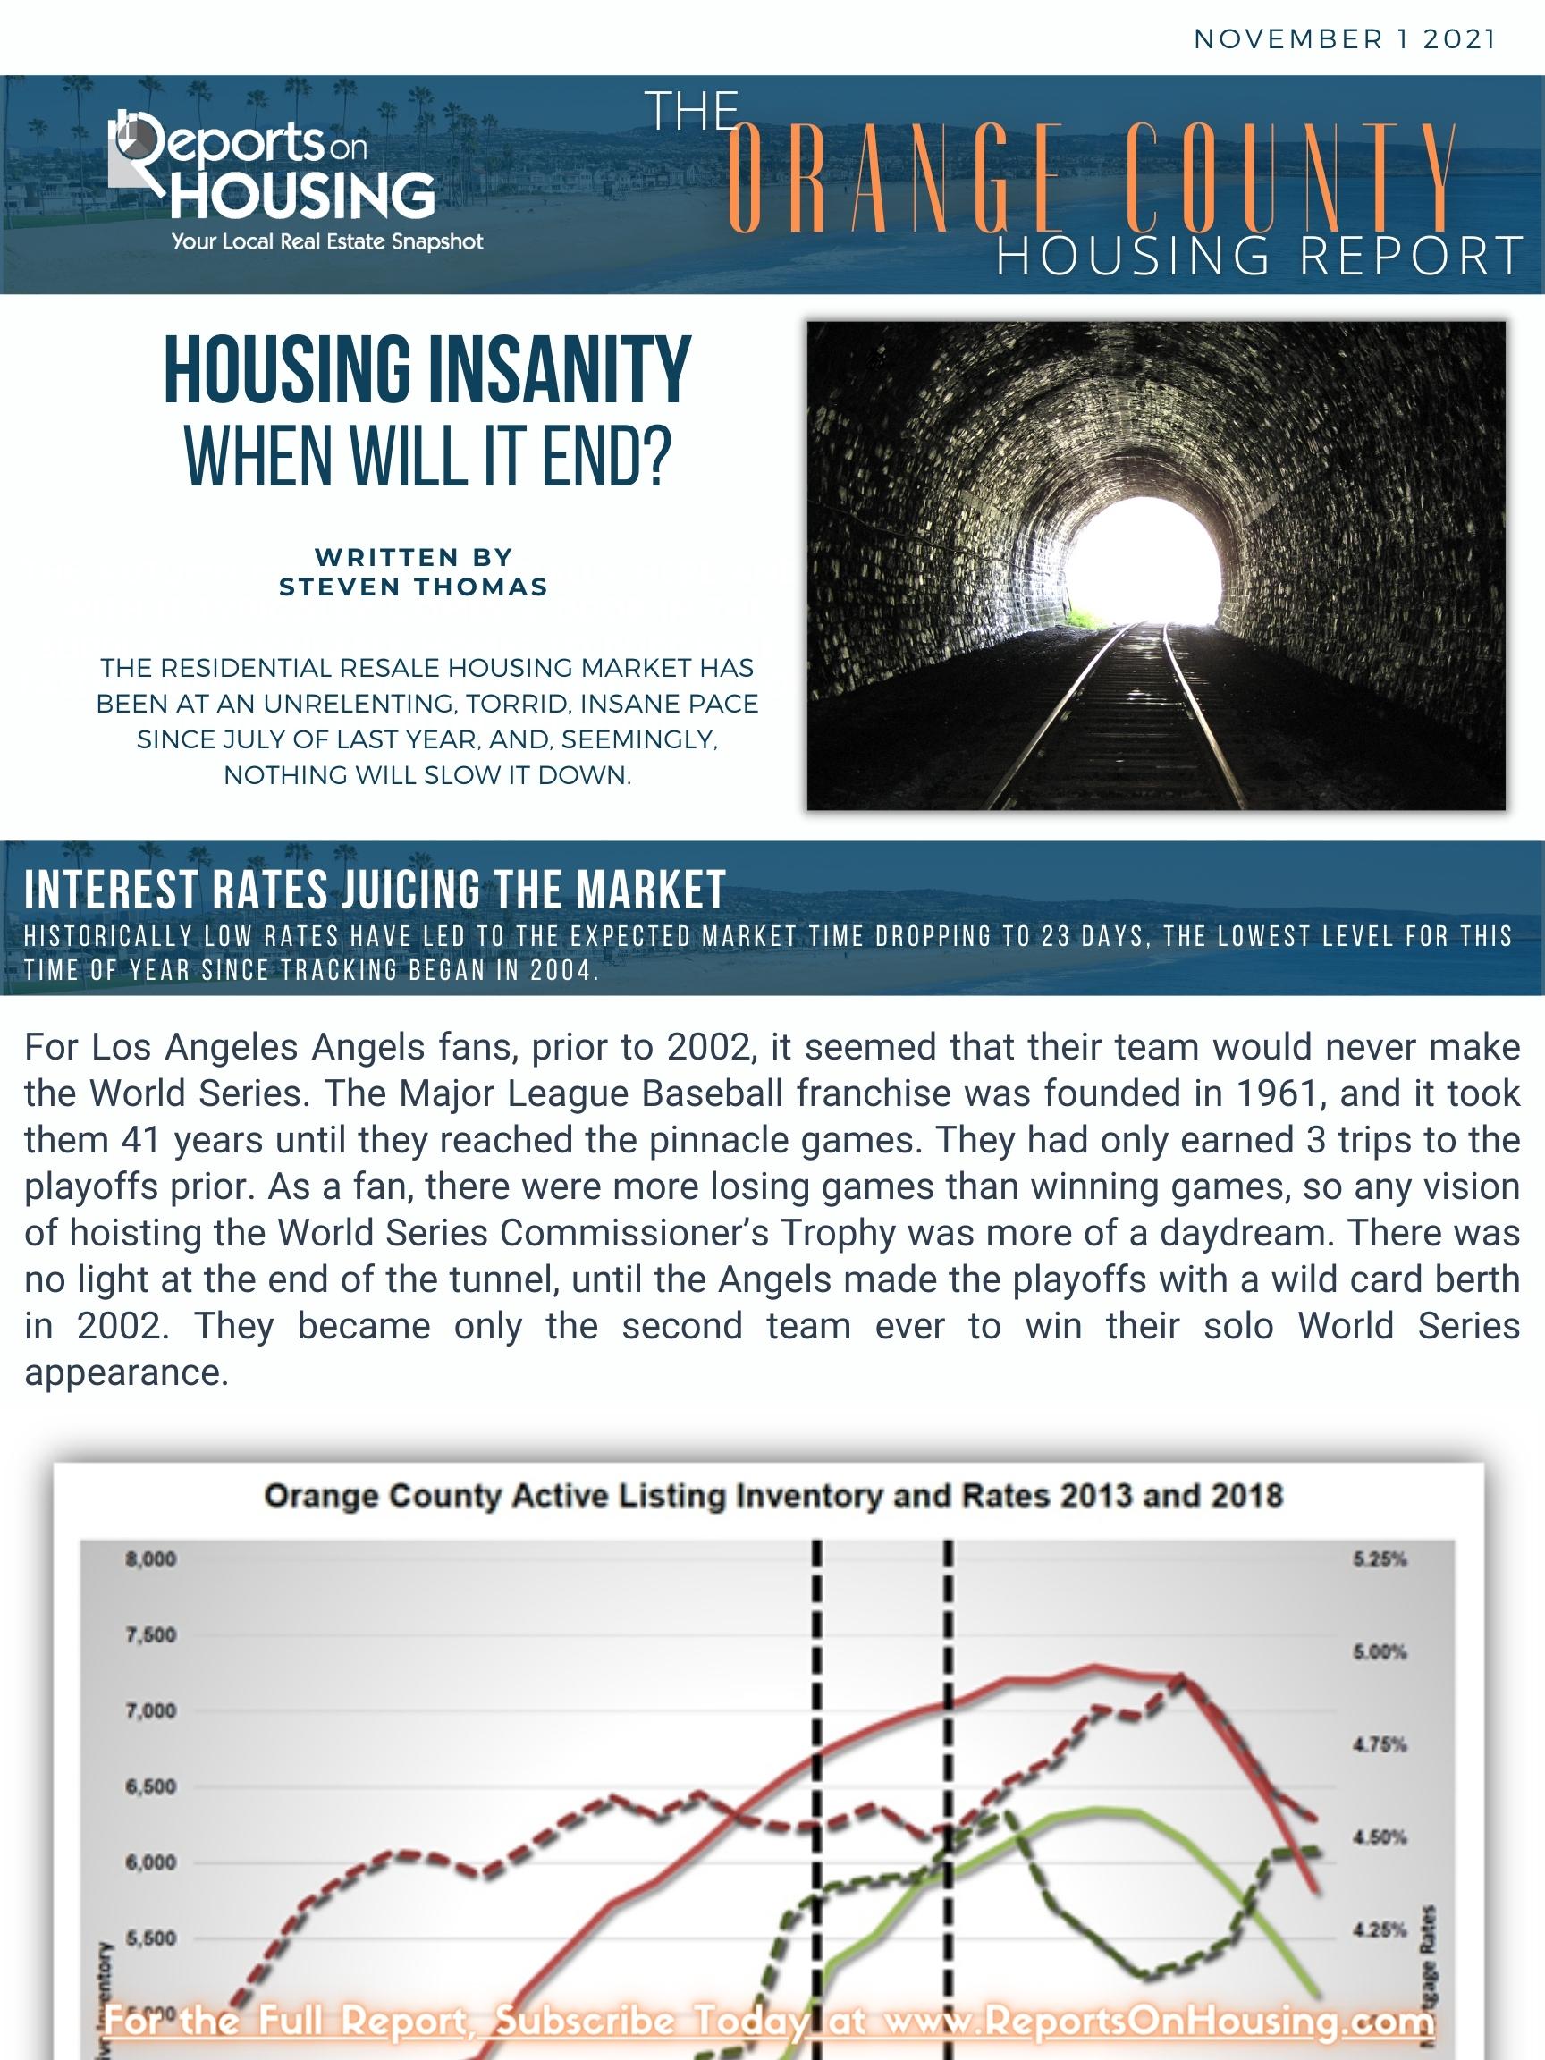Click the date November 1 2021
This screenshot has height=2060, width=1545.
pyautogui.click(x=1344, y=39)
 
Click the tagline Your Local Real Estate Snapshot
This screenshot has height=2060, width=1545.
pyautogui.click(x=327, y=242)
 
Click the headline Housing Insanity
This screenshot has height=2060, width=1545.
pyautogui.click(x=426, y=371)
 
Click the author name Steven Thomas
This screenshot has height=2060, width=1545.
pyautogui.click(x=413, y=587)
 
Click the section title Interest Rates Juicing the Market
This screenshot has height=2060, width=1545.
pyautogui.click(x=375, y=890)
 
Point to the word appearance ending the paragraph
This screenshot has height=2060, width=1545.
pyautogui.click(x=126, y=1372)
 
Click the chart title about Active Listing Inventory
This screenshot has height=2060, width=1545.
pyautogui.click(x=773, y=1497)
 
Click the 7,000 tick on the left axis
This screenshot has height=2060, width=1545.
pyautogui.click(x=151, y=1710)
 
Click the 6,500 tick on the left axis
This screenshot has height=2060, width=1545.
pyautogui.click(x=151, y=1787)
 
